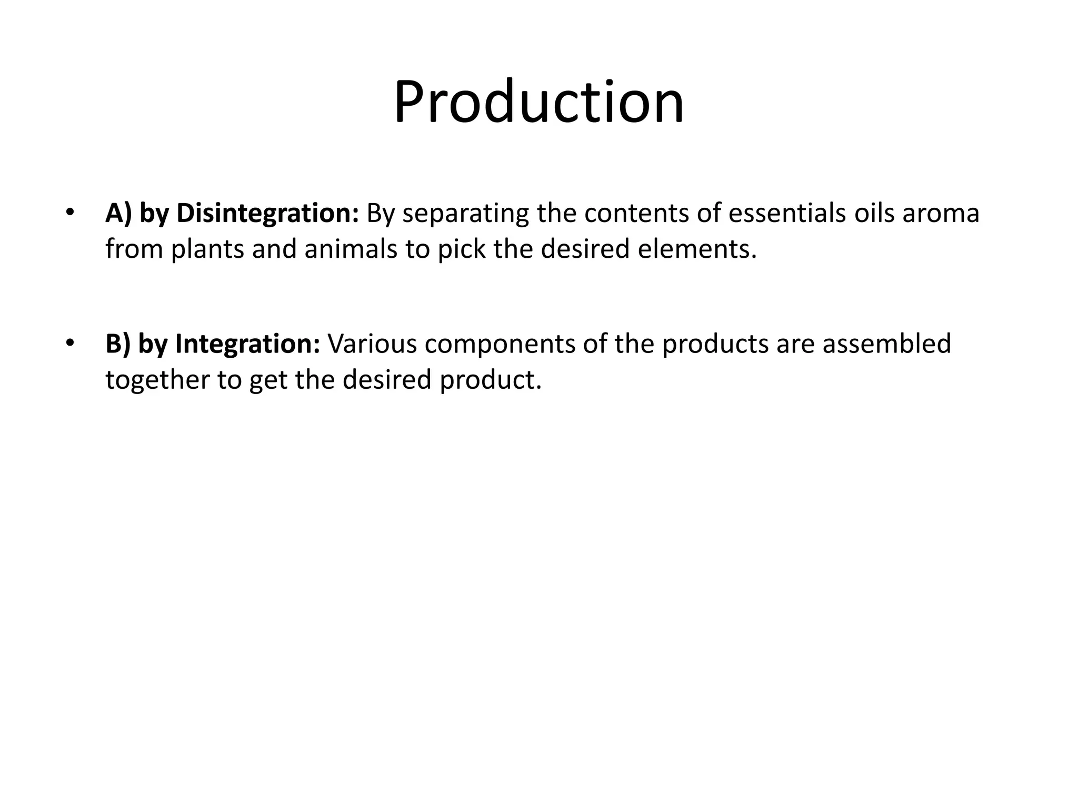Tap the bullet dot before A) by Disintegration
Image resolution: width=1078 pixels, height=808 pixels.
click(69, 213)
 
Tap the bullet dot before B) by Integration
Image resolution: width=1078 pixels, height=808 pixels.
click(69, 344)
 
